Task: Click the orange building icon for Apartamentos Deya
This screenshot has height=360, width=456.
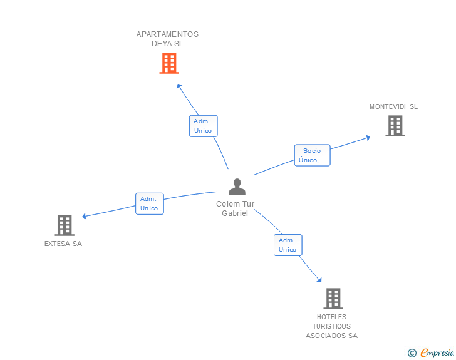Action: click(x=169, y=63)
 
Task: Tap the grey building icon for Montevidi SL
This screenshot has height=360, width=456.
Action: click(x=395, y=126)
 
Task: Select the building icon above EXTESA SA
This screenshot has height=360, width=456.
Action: click(x=65, y=225)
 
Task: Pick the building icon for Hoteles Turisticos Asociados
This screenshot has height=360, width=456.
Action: click(x=333, y=299)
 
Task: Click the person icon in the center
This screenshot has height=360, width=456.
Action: click(x=237, y=187)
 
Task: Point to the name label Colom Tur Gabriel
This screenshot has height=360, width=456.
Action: click(x=236, y=208)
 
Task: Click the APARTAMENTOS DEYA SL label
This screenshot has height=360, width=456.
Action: click(x=167, y=39)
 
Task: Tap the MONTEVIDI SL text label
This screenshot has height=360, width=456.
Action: click(x=393, y=106)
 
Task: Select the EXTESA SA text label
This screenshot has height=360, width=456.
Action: click(x=63, y=244)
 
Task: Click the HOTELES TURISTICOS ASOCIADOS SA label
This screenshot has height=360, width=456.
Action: click(x=331, y=326)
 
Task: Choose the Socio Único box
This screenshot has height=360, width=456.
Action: click(x=313, y=155)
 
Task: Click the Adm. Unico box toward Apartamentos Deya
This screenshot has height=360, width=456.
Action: click(x=204, y=126)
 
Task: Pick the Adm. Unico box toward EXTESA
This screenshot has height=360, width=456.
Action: click(x=150, y=203)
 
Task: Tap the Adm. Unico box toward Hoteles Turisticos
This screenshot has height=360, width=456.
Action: click(x=288, y=245)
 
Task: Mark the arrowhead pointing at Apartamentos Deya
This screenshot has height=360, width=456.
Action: click(x=179, y=86)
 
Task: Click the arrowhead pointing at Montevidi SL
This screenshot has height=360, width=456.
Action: click(x=368, y=138)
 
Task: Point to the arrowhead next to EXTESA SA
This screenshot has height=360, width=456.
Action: click(x=85, y=216)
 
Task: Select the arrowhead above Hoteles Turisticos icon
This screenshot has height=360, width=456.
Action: click(x=319, y=280)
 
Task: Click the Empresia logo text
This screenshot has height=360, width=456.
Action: click(x=437, y=352)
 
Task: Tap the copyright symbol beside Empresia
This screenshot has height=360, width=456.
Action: click(x=412, y=353)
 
